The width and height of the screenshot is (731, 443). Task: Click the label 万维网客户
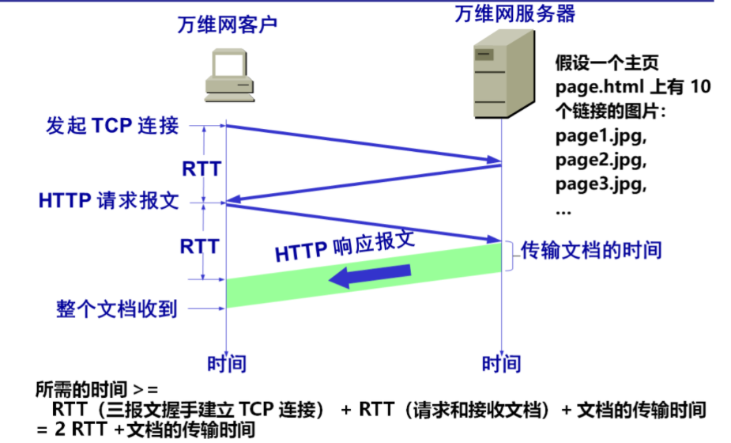pyautogui.click(x=227, y=25)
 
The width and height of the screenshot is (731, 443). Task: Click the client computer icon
pyautogui.click(x=228, y=77)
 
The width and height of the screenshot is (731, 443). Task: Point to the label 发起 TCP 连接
pyautogui.click(x=112, y=126)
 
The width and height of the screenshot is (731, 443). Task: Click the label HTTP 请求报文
pyautogui.click(x=109, y=201)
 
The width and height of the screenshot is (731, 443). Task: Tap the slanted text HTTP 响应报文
pyautogui.click(x=345, y=246)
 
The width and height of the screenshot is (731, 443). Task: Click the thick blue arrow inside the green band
pyautogui.click(x=371, y=275)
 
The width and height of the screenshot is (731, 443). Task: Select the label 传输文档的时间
pyautogui.click(x=591, y=251)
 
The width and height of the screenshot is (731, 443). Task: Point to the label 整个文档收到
pyautogui.click(x=116, y=309)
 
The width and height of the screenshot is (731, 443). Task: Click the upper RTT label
pyautogui.click(x=201, y=168)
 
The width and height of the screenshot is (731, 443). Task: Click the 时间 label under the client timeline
pyautogui.click(x=227, y=364)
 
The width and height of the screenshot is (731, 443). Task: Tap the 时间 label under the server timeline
pyautogui.click(x=502, y=364)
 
